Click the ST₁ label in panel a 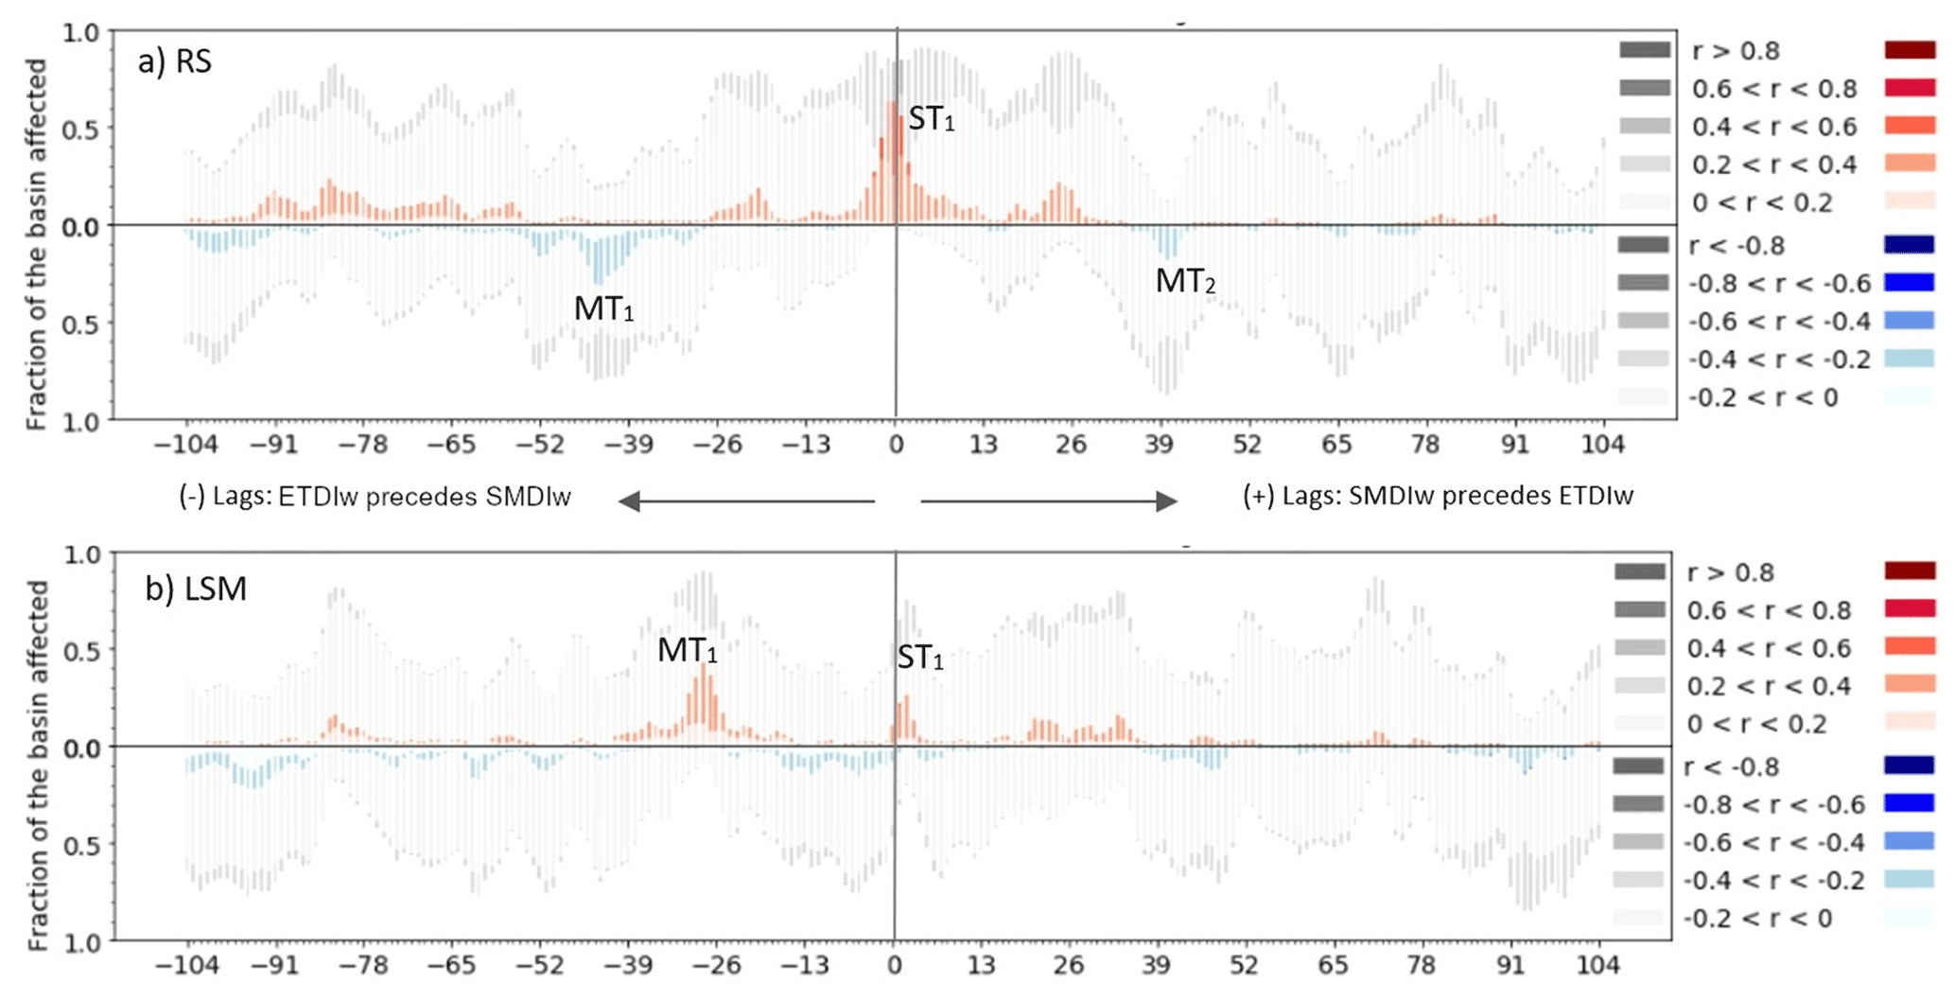931,119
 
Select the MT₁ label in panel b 687,650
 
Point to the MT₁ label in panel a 603,308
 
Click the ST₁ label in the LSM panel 919,658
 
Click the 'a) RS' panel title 175,61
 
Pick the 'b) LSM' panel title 196,588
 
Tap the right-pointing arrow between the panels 1049,501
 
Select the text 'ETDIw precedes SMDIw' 424,497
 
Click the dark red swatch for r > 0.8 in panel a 1909,50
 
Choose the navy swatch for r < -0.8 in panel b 1907,766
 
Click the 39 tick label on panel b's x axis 1156,966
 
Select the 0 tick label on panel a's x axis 895,444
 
